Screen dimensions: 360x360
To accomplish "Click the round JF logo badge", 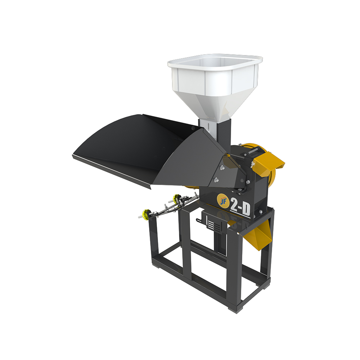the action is (x=223, y=201).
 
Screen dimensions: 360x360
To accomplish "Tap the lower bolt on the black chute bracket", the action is (x=216, y=180).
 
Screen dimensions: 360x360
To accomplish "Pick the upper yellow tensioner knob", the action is (x=177, y=198).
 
